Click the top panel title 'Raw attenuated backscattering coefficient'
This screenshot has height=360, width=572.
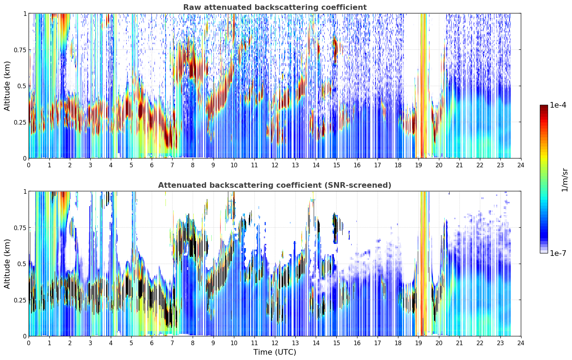(275, 7)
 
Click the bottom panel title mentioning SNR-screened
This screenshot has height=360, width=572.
(275, 185)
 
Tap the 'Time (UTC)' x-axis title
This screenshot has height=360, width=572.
(275, 352)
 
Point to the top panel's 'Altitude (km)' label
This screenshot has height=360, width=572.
(7, 86)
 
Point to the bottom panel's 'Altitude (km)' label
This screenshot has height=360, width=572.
(7, 264)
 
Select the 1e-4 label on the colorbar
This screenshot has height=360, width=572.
(558, 105)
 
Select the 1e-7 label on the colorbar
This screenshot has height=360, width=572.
(558, 253)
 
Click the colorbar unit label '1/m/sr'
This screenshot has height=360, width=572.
(565, 180)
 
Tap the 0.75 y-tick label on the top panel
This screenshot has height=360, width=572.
(20, 50)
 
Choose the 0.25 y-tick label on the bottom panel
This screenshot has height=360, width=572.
(20, 300)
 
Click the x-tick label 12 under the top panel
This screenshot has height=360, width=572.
(275, 165)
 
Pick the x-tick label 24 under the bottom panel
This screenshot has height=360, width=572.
(521, 343)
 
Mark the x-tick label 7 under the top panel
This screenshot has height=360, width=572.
(172, 165)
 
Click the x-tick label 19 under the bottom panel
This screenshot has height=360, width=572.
(418, 343)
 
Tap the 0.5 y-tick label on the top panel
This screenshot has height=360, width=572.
(22, 86)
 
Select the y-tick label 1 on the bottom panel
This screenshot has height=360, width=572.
(25, 192)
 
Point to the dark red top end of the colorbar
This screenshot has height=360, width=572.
(544, 107)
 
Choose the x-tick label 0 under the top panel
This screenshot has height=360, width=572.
(29, 165)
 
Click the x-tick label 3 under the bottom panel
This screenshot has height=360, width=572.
(90, 343)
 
